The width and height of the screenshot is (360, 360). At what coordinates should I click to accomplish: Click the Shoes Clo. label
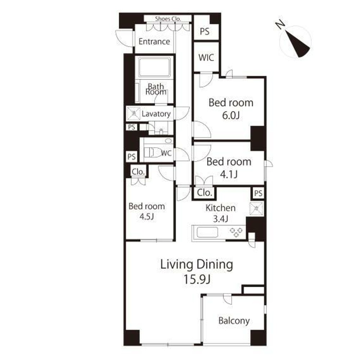coord(168,19)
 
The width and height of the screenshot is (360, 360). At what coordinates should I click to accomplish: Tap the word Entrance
coord(154,41)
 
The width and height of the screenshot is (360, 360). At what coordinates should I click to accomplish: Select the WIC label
coord(206,58)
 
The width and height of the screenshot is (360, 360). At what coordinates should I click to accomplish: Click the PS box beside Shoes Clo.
coord(204,31)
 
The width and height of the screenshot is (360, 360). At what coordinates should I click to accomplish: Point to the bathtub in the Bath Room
coord(155,67)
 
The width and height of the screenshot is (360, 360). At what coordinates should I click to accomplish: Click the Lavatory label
coord(156,114)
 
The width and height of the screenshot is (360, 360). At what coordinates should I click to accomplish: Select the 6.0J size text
coord(231,115)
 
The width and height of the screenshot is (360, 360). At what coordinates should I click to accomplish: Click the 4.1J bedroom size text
coord(229,175)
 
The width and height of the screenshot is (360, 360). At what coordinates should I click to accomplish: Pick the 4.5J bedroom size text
coord(147,216)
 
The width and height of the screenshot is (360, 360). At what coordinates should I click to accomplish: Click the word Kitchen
coord(220,208)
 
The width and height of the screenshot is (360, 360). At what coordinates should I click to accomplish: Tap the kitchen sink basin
coord(207,232)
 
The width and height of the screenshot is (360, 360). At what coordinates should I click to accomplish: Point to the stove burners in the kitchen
coord(236,232)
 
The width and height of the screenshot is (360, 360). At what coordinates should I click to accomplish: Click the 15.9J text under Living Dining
coord(197,279)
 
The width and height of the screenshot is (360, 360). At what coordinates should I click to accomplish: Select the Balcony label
coord(234,321)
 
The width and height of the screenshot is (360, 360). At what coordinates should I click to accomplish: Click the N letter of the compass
coord(280,24)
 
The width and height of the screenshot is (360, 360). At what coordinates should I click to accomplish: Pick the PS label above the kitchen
coord(258,193)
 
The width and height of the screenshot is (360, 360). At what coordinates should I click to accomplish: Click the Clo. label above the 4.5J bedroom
coord(138,171)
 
